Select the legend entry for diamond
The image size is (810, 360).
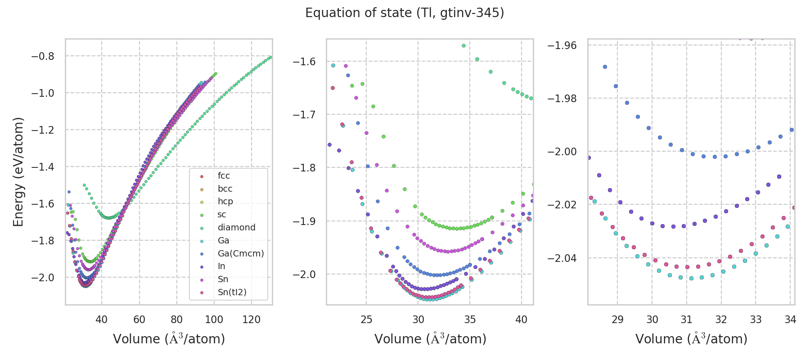tap(236, 227)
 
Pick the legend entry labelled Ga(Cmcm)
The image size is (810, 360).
tap(240, 253)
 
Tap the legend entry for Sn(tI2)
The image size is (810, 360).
tap(232, 292)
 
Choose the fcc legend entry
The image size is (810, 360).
tap(224, 175)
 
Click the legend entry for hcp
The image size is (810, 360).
tap(225, 201)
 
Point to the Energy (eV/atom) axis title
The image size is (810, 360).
tap(18, 172)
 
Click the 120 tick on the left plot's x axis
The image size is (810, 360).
tap(252, 319)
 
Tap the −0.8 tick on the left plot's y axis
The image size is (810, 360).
tap(42, 56)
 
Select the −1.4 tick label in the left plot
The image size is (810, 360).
tap(42, 167)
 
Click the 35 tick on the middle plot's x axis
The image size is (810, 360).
tap(470, 319)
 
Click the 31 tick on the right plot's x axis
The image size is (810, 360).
tap(687, 319)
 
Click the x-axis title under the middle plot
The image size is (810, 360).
tap(430, 339)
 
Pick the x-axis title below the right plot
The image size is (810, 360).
tap(691, 339)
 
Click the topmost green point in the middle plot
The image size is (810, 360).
tap(463, 46)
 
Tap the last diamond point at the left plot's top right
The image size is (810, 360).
tap(270, 58)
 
